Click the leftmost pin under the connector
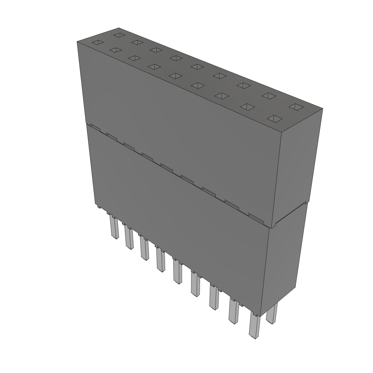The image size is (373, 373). (x=114, y=227)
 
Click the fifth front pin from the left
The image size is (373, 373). (x=177, y=272)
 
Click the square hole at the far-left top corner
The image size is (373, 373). (x=97, y=43)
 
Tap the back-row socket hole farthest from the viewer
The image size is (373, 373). (x=118, y=35)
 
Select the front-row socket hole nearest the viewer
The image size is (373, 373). (x=276, y=119)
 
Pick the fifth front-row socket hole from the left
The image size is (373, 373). (x=176, y=75)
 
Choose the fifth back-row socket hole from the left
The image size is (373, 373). (x=197, y=66)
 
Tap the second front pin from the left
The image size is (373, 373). (x=128, y=237)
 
